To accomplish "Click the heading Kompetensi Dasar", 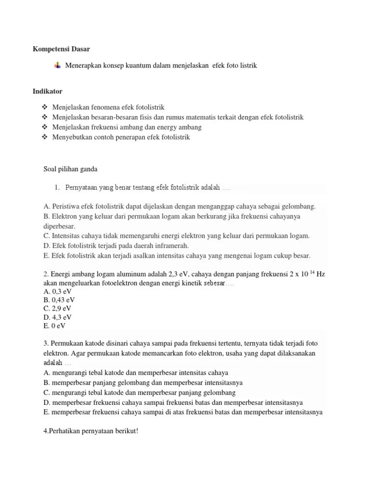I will coord(61,49).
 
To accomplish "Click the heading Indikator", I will coord(48,91).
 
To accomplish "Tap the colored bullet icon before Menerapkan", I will coord(58,65).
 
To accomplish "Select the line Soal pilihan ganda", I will coord(71,169).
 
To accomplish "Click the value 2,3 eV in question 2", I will coord(176,274).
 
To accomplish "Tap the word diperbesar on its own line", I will coord(59,226).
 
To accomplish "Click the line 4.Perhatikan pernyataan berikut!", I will coord(91,431).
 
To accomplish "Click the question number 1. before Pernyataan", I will coord(56,187).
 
